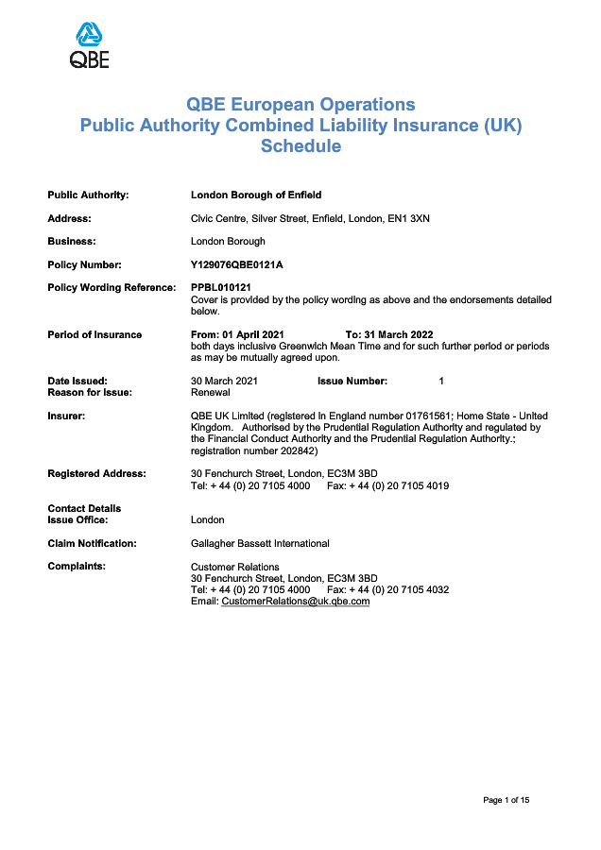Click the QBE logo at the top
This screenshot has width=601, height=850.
[x=90, y=46]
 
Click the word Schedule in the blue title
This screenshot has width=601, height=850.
[x=300, y=146]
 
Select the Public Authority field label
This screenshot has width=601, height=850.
[x=88, y=195]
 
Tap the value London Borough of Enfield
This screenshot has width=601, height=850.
[x=256, y=195]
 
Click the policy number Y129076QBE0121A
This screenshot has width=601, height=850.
[x=237, y=264]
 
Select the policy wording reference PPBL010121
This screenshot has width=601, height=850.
[x=220, y=288]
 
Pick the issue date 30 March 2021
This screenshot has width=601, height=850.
[x=224, y=381]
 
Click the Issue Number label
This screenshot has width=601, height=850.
[x=352, y=381]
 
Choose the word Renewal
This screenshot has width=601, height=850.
[x=211, y=392]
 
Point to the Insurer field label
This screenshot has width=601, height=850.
[x=66, y=416]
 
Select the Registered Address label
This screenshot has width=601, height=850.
[x=96, y=473]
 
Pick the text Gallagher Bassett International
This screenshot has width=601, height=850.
[x=260, y=543]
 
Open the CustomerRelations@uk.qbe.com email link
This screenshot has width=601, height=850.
[x=295, y=602]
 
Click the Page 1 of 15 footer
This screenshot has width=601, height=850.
[x=506, y=801]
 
